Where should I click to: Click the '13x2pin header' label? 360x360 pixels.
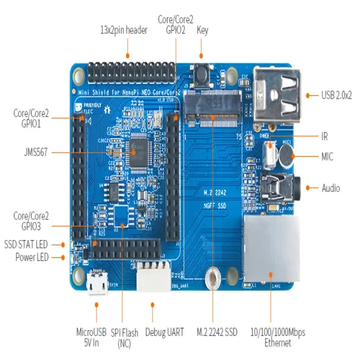pos(123,31)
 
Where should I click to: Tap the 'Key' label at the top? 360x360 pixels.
pos(203,31)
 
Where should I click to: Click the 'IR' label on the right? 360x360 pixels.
pos(325,136)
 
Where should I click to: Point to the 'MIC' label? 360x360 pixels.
pos(328,157)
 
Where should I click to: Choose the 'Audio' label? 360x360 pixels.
pos(331,188)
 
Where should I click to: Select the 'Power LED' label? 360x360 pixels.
pos(32,257)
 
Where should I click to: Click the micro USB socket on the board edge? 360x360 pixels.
pos(96,283)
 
